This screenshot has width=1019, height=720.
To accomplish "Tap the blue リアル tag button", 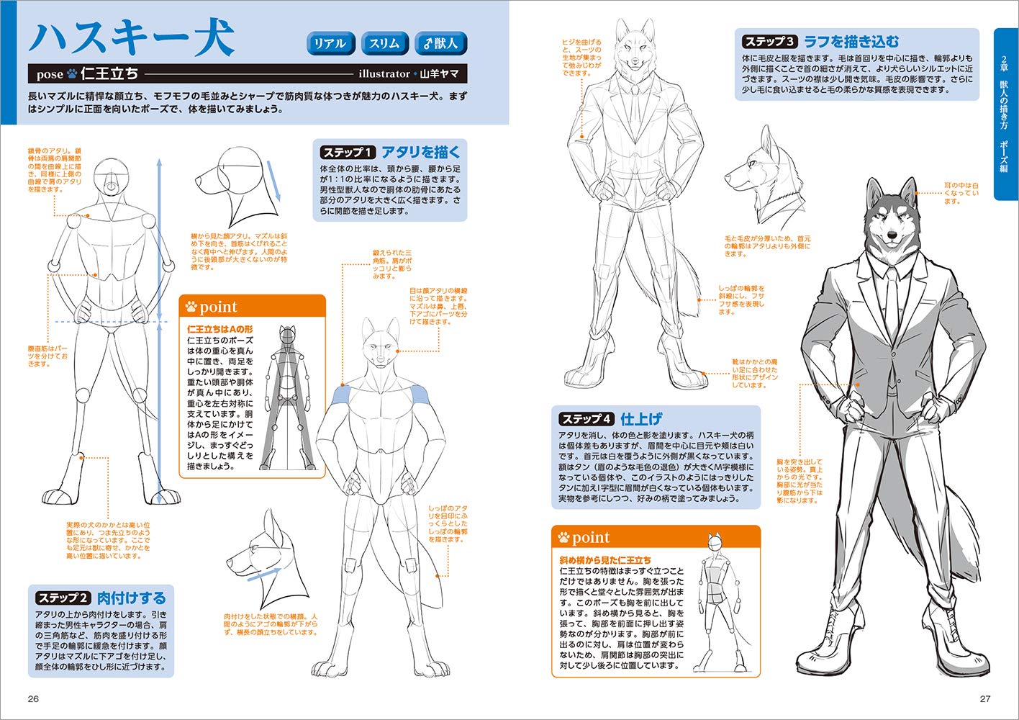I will tap(330, 43).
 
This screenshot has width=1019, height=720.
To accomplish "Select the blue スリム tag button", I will tap(384, 43).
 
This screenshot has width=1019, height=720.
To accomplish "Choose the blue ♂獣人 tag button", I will tap(441, 43).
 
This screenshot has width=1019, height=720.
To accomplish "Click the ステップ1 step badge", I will tap(348, 153).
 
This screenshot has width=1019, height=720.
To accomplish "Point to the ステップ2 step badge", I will tap(63, 598).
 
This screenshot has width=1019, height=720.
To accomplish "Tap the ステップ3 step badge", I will tap(769, 42).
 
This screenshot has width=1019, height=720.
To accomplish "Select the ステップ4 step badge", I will tap(587, 418).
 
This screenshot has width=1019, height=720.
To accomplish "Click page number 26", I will tap(33, 698).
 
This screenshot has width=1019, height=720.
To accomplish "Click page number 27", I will tap(985, 698).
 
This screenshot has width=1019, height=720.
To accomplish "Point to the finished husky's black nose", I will tap(892, 235).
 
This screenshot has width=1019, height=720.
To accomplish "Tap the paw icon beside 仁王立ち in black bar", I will tap(72, 73).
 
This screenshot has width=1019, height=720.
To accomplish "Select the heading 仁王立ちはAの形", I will tap(219, 329).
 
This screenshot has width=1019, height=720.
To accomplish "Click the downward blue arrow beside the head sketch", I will tap(273, 179).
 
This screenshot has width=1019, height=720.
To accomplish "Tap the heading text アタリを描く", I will tap(421, 153).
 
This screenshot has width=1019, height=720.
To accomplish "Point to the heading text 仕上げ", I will tap(641, 418).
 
